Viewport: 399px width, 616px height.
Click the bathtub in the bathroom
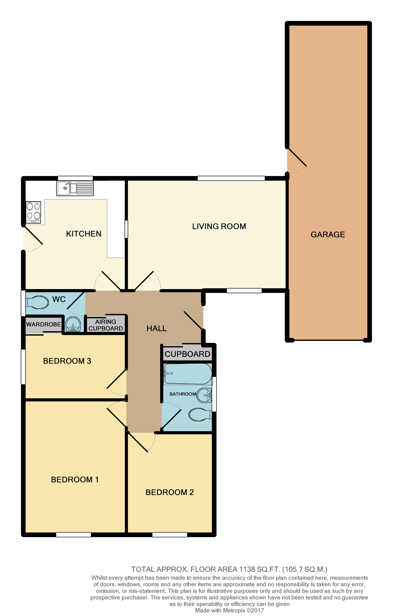pyautogui.click(x=188, y=374)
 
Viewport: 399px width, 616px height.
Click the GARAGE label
pyautogui.click(x=327, y=235)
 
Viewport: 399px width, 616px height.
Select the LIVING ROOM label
pyautogui.click(x=219, y=226)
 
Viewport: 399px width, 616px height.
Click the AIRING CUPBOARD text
pyautogui.click(x=106, y=325)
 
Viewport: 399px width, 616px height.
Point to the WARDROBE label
pyautogui.click(x=43, y=324)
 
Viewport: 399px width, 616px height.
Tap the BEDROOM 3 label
pyautogui.click(x=67, y=361)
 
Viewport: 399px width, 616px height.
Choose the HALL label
pyautogui.click(x=156, y=328)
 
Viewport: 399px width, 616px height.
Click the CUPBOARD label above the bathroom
pyautogui.click(x=187, y=354)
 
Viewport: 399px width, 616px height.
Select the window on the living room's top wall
pyautogui.click(x=231, y=178)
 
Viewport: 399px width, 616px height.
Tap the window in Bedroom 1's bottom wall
pyautogui.click(x=73, y=534)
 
